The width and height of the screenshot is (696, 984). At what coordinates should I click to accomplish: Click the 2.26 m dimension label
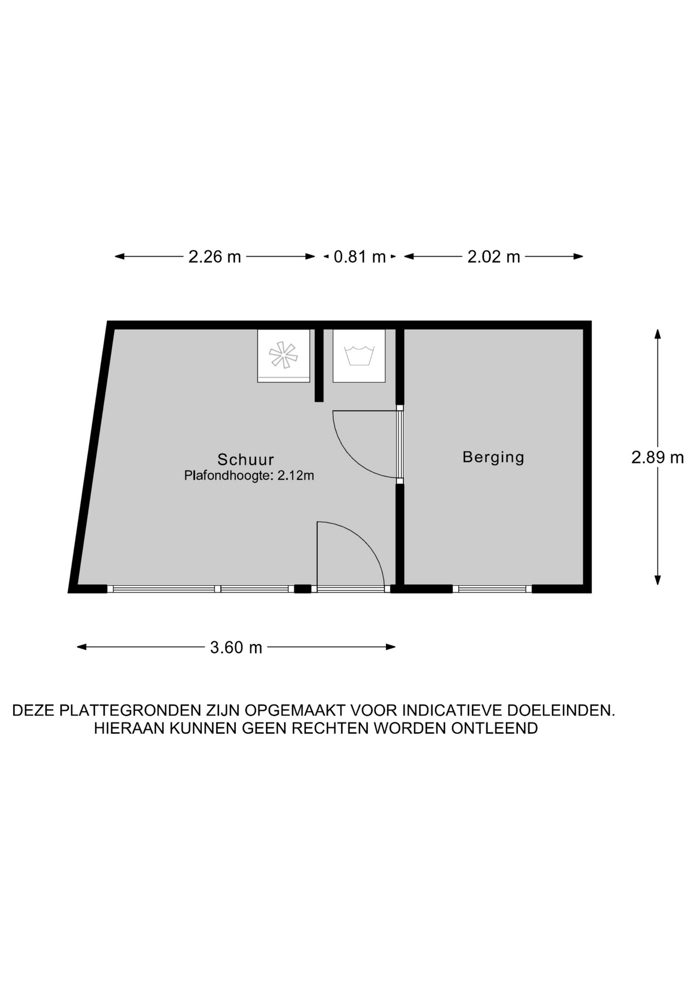[215, 256]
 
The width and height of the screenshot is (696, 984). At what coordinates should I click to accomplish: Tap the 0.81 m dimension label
[360, 256]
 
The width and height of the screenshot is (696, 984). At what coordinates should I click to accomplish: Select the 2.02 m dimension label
[494, 256]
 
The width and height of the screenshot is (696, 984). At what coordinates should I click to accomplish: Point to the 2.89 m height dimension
[658, 457]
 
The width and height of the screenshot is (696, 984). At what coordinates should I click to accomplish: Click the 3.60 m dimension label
[236, 647]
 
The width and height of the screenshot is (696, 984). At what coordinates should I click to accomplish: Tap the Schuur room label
[246, 459]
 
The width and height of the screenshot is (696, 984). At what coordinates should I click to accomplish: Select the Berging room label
[494, 457]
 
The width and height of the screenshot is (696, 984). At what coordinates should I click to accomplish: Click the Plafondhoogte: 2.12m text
[249, 476]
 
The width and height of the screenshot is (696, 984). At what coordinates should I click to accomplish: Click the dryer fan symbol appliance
[283, 356]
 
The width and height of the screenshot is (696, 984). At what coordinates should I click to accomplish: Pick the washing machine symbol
[359, 356]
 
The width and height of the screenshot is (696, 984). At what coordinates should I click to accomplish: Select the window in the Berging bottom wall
[492, 589]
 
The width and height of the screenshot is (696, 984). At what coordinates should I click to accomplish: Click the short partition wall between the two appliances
[319, 365]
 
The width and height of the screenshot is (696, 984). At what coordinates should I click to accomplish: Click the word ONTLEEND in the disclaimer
[495, 728]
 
